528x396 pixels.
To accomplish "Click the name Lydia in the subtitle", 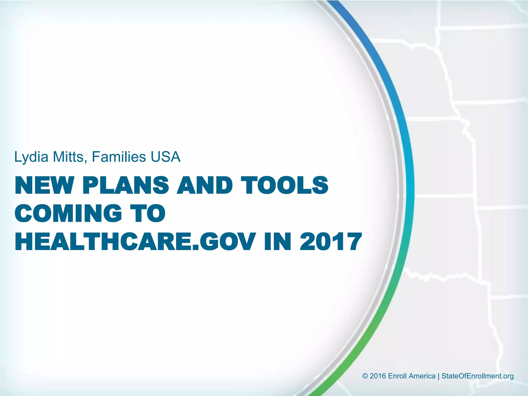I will (x=31, y=157).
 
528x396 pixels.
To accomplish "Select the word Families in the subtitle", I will (x=119, y=157).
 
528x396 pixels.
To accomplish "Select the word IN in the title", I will (x=277, y=242).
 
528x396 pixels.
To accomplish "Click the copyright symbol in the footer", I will (x=365, y=376).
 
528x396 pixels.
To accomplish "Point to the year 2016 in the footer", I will (x=378, y=376).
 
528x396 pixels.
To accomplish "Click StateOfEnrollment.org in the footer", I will (x=477, y=376).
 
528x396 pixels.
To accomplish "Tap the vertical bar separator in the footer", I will (x=439, y=376).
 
